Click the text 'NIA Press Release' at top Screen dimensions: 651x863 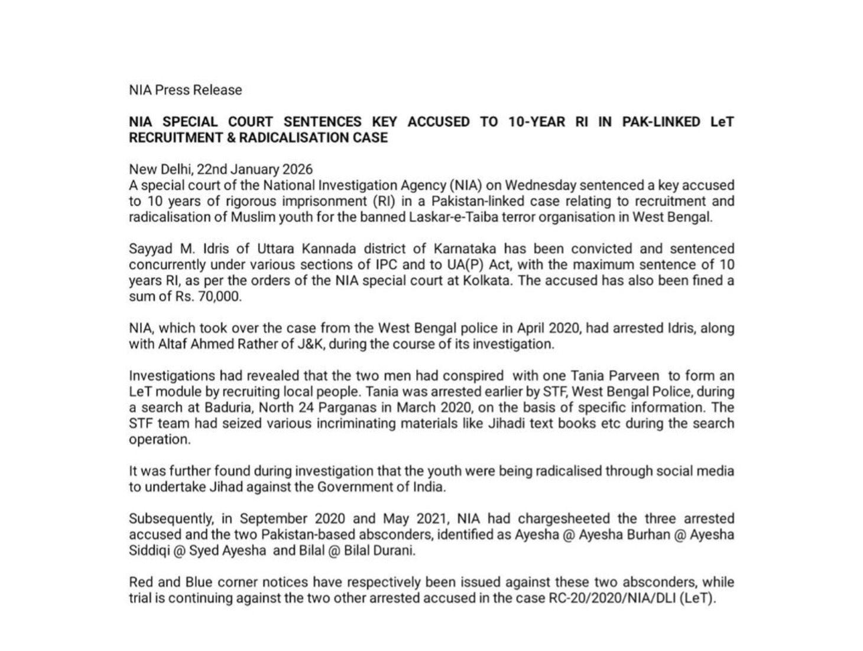(x=186, y=90)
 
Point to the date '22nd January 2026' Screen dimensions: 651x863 (x=255, y=169)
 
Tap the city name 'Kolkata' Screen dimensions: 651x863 (x=489, y=281)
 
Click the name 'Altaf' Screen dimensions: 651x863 (x=173, y=344)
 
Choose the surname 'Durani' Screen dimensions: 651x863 (x=394, y=551)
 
